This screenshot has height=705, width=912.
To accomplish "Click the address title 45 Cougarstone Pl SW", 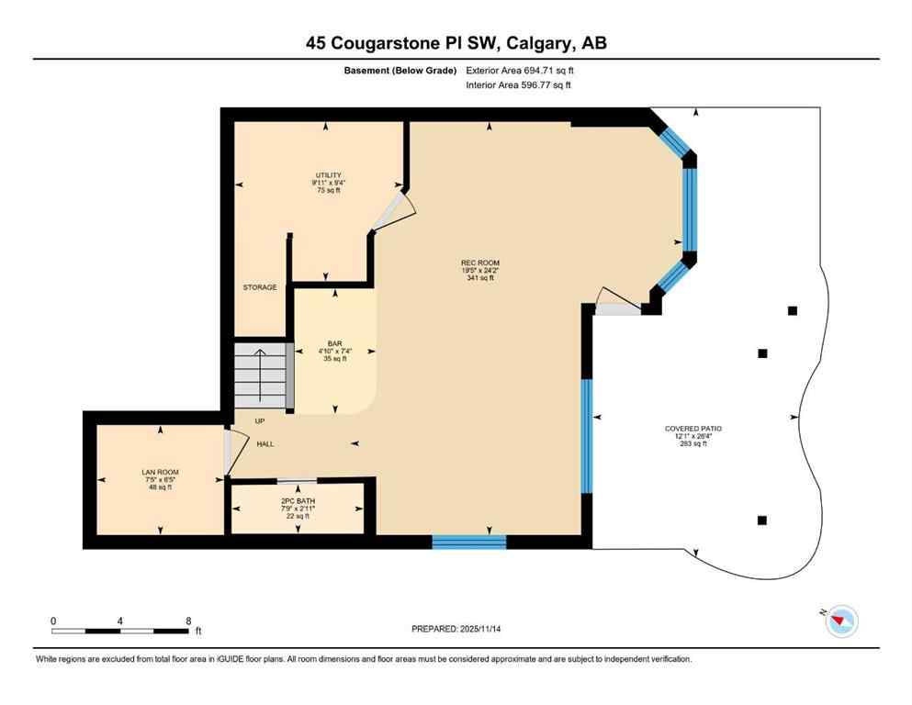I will coord(456,42).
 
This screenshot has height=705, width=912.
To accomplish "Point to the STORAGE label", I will coord(260,287).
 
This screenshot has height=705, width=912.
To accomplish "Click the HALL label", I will coord(265,443).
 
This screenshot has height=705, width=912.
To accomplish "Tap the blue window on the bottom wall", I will coord(468,543).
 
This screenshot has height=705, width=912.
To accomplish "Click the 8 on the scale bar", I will coord(188,621).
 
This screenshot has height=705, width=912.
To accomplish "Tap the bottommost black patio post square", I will coord(761,520).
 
